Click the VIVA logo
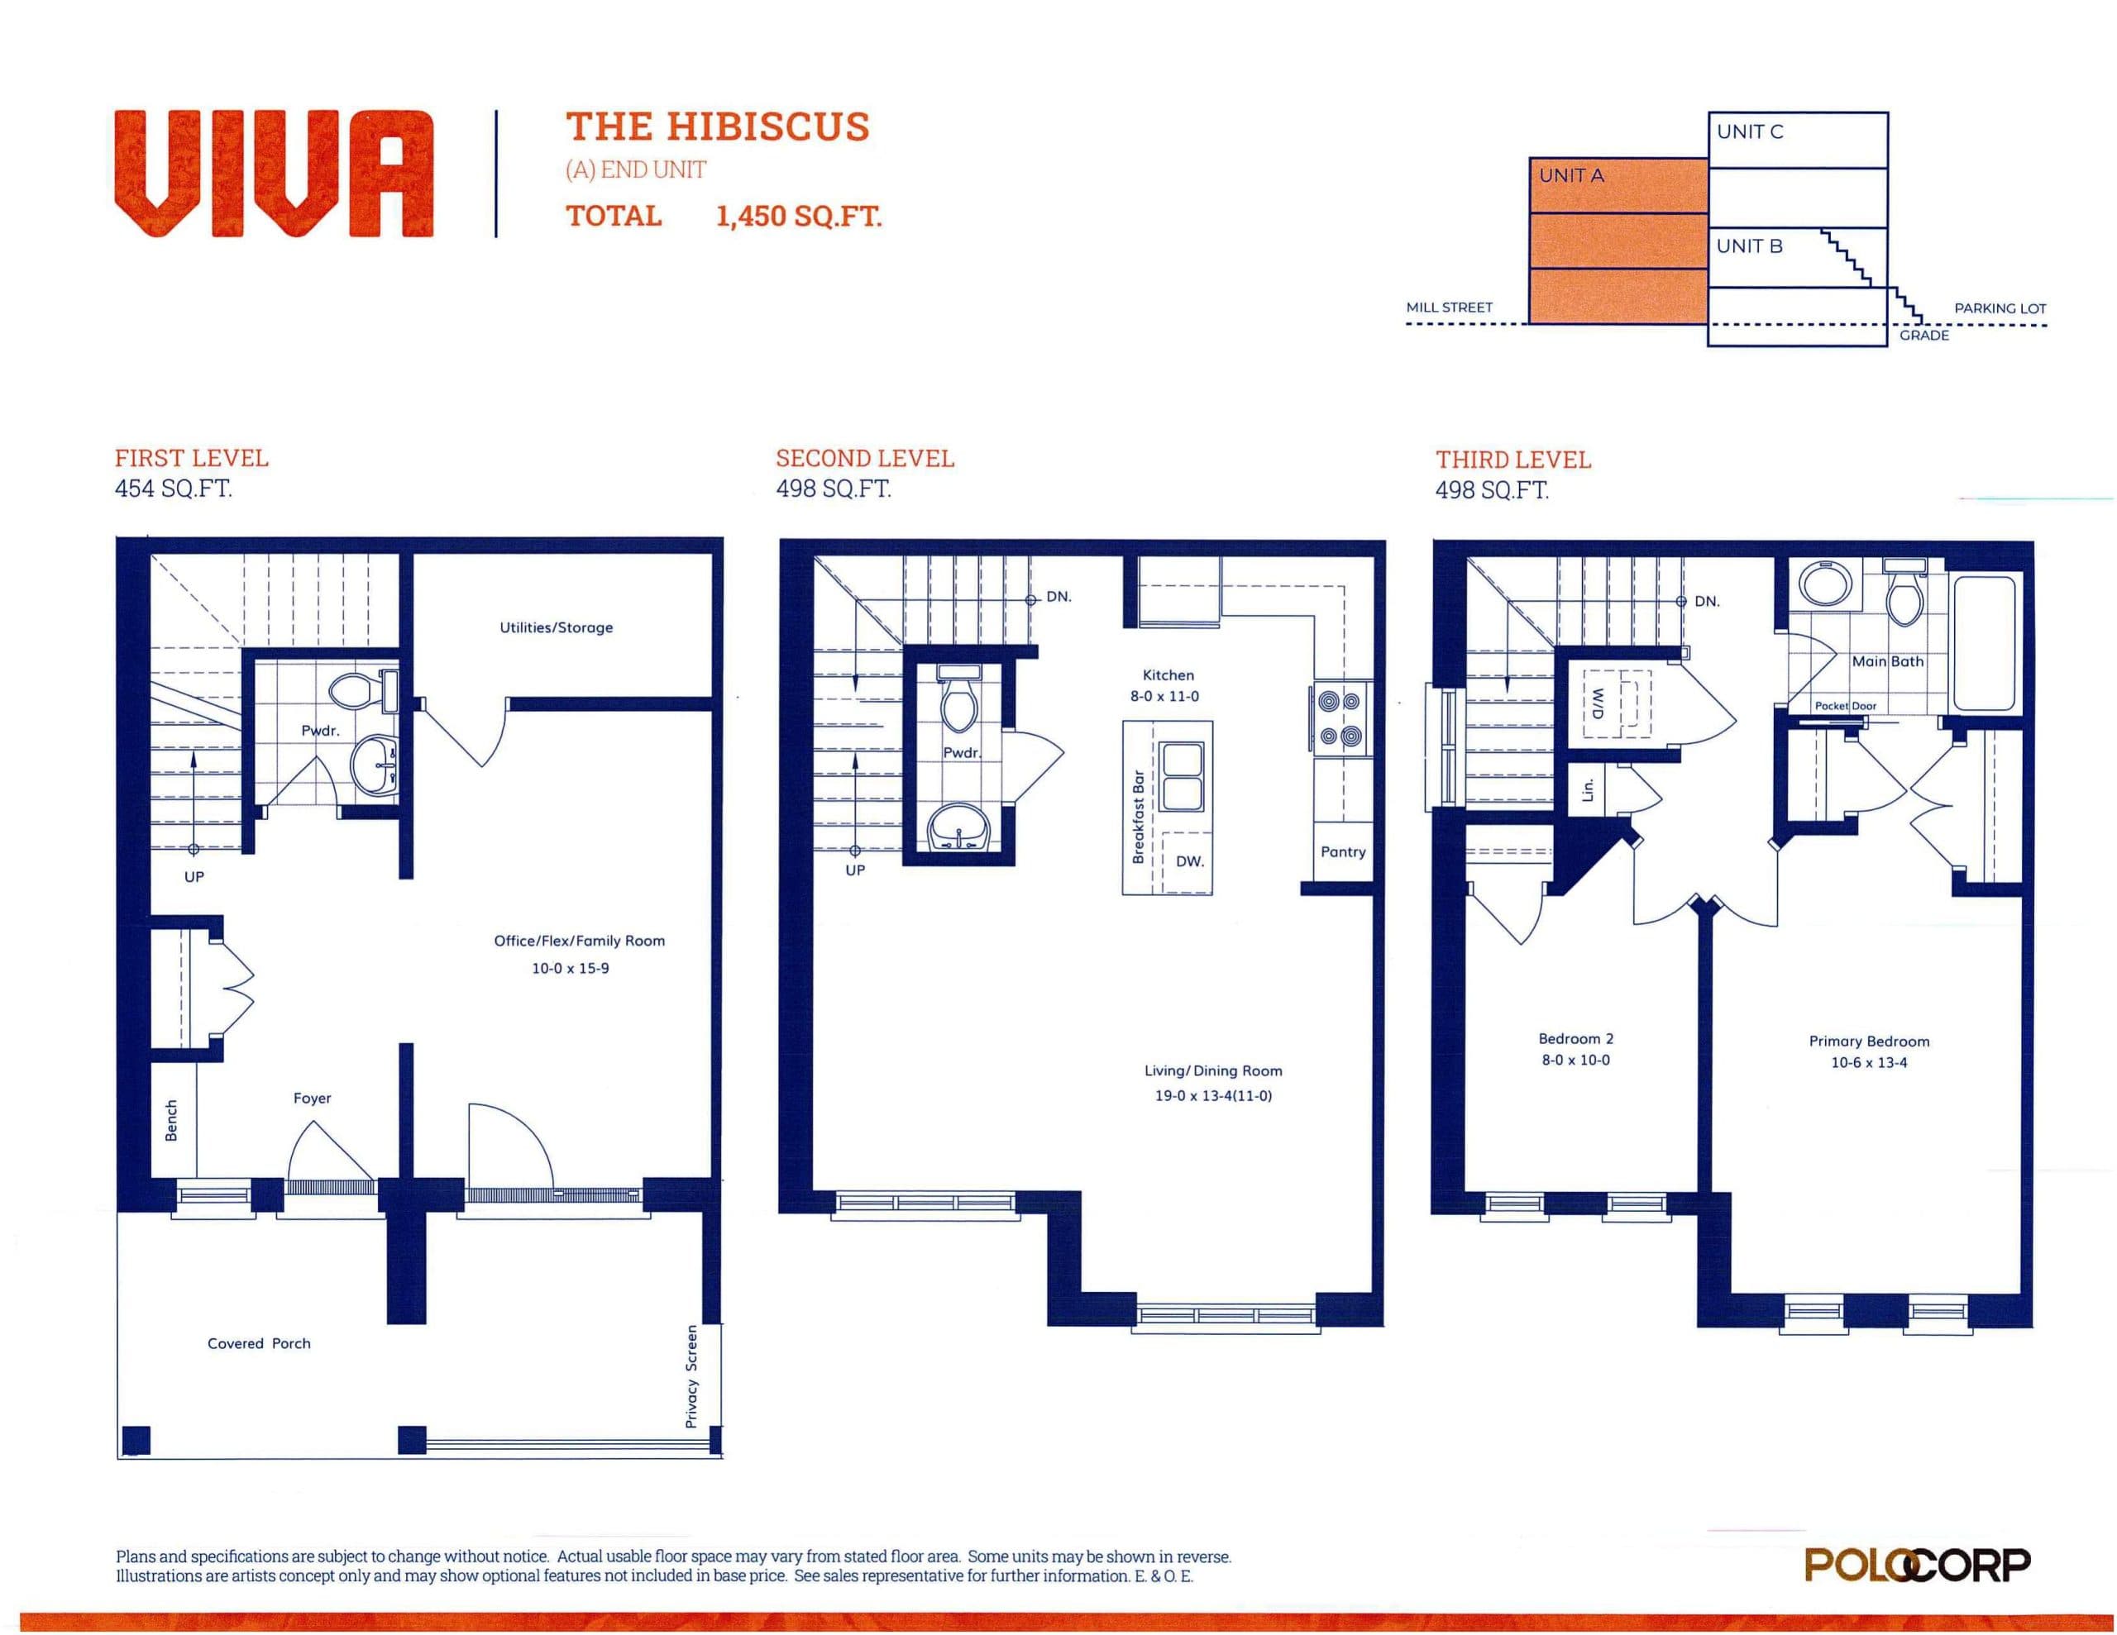tap(274, 174)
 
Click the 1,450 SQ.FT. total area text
tap(799, 215)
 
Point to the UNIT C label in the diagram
tap(1750, 131)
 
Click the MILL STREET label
tap(1449, 307)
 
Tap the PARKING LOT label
tap(2000, 308)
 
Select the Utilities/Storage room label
tap(557, 627)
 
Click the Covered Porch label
tap(259, 1343)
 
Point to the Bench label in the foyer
tap(171, 1120)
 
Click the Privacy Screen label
tap(691, 1376)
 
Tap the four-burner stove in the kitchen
tap(1340, 718)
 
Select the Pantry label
tap(1342, 852)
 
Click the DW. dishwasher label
tap(1189, 860)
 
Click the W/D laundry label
tap(1598, 703)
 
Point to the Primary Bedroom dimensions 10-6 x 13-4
tap(1869, 1062)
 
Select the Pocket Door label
tap(1846, 706)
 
